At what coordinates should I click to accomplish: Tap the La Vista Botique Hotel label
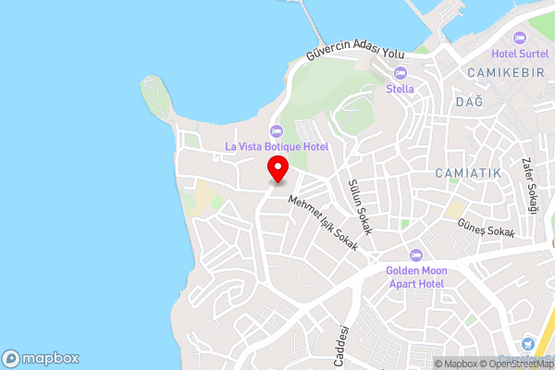(277, 146)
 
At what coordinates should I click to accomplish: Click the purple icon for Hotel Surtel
(517, 37)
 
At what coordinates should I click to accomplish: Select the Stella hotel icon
(401, 73)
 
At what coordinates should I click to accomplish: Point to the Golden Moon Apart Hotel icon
(415, 254)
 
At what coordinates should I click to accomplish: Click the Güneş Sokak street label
(486, 231)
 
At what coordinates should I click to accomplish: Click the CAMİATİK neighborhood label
(467, 173)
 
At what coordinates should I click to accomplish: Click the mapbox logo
(41, 358)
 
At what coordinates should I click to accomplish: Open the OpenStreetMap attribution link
(514, 364)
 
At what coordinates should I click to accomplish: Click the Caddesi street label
(342, 345)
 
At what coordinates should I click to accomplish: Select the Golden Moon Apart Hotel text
(416, 277)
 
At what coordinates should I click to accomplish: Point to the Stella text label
(400, 90)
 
